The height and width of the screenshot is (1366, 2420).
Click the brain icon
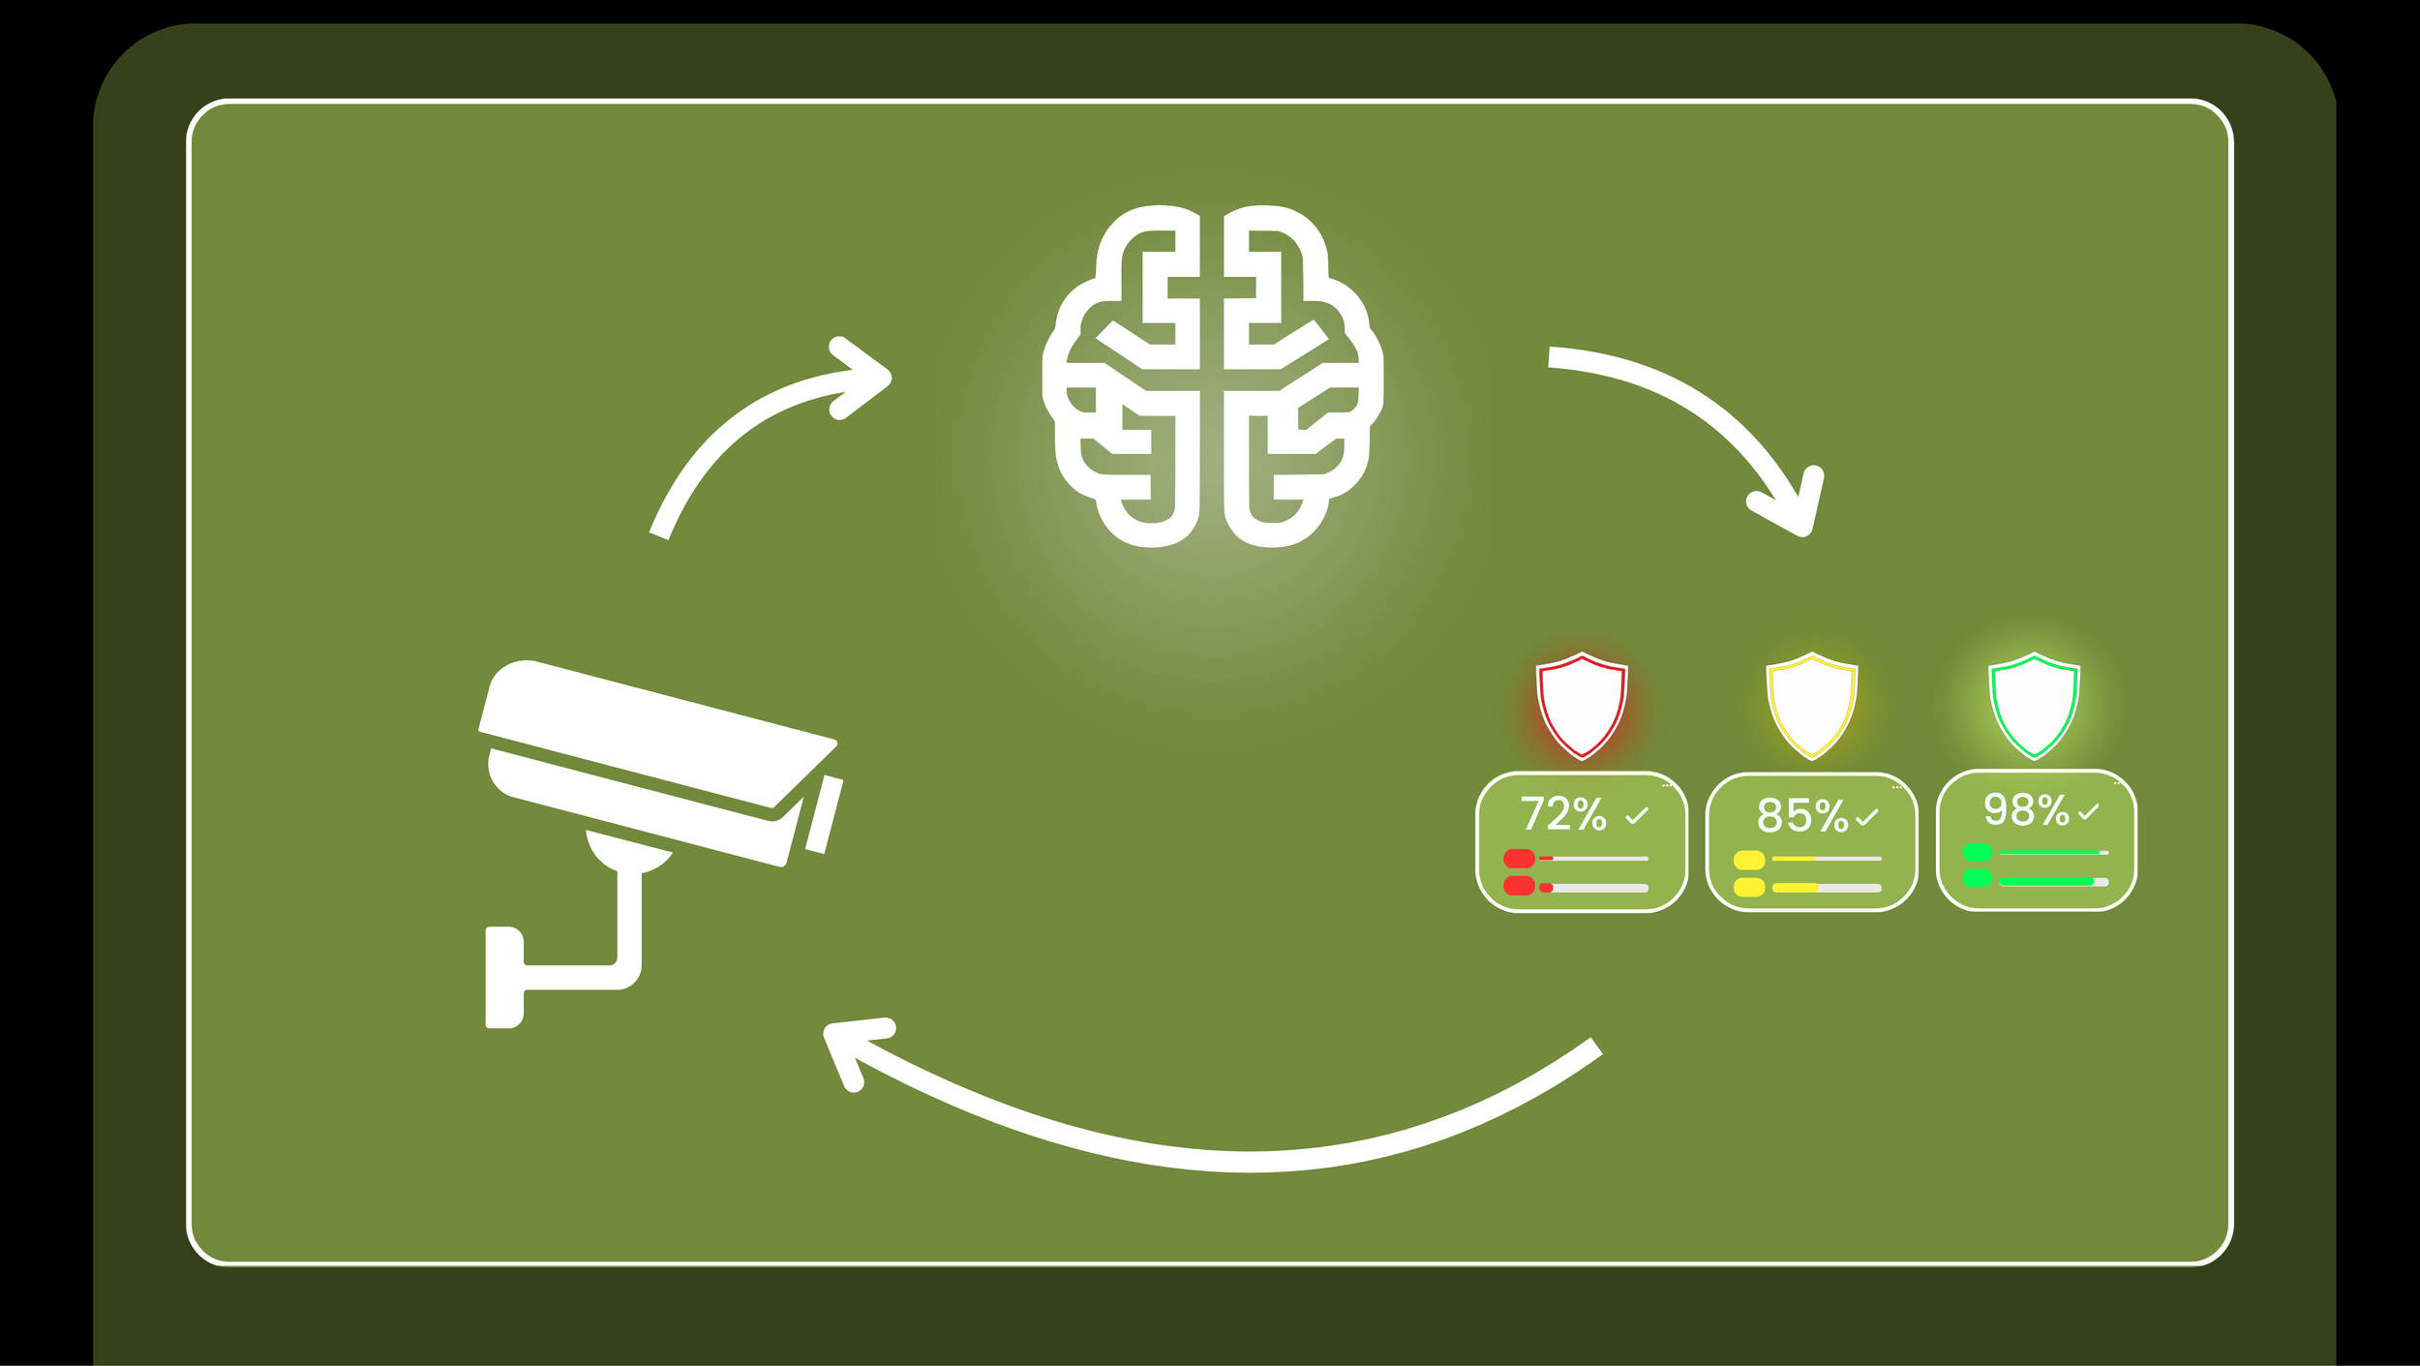coord(1212,376)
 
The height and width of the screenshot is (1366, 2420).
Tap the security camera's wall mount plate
coord(502,978)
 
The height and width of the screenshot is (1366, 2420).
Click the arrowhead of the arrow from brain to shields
coord(1791,503)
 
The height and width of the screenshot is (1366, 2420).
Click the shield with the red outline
coord(1582,705)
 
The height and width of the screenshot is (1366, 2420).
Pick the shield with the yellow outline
coord(1811,705)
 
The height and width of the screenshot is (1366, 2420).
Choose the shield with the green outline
coord(2034,705)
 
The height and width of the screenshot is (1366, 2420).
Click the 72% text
coord(1562,814)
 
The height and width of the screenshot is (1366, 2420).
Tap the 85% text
coord(1801,816)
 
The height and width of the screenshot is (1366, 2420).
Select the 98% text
coord(2025,810)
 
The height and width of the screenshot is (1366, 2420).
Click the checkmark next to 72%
coord(1637,816)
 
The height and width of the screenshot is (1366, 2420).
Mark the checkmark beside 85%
coord(1867,818)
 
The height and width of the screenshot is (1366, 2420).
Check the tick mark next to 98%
coord(2088,812)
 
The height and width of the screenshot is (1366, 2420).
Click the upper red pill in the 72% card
coord(1519,858)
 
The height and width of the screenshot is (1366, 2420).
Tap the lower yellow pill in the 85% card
coord(1749,888)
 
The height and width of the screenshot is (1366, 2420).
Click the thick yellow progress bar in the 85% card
coord(1796,888)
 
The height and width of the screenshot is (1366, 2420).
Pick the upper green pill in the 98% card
coord(1977,853)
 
